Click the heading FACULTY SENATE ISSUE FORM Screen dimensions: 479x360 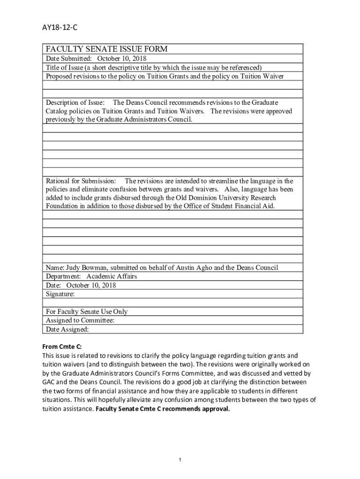107,50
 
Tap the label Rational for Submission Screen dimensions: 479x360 80,181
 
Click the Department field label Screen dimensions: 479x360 63,276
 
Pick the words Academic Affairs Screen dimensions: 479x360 112,276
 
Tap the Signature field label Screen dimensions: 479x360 60,294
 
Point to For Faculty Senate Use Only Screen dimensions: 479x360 86,312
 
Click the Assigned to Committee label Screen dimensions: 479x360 80,320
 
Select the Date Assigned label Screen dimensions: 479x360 67,329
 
